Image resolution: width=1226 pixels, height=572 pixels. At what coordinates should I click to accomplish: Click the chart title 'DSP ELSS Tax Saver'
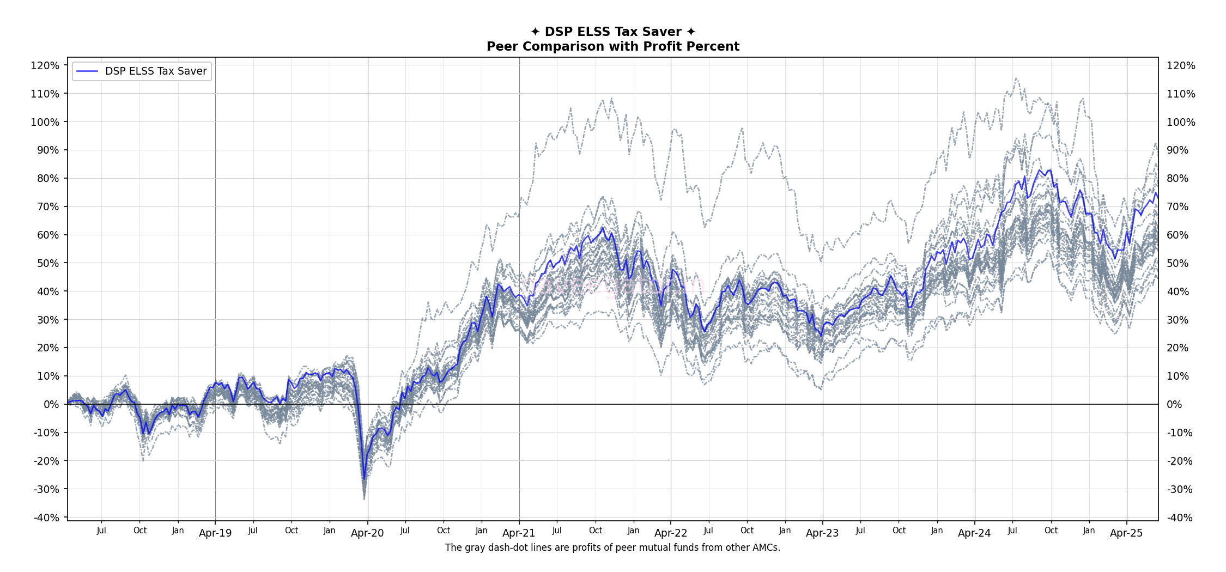point(613,32)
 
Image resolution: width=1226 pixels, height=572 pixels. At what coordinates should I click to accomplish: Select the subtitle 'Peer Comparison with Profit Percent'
point(613,46)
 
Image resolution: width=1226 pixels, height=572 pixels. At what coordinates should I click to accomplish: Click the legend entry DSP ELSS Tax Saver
point(156,71)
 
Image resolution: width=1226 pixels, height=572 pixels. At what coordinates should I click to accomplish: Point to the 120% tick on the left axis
point(45,65)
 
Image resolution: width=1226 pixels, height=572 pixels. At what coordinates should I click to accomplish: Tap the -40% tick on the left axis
point(46,518)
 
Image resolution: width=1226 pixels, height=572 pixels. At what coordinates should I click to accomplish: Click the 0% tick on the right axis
point(1174,404)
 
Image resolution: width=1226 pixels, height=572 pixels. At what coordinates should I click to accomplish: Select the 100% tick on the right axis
point(1181,122)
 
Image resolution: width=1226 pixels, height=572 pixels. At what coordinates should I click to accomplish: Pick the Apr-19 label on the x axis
point(215,533)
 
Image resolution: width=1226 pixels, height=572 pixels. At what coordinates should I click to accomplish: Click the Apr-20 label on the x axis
point(367,533)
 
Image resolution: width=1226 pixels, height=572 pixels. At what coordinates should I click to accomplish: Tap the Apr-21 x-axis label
point(519,533)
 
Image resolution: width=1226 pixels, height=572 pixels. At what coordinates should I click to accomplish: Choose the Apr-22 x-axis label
point(671,533)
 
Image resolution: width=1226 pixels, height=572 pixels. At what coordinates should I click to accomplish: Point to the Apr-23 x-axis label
point(822,533)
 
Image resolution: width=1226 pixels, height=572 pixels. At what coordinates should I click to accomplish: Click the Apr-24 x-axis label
point(974,533)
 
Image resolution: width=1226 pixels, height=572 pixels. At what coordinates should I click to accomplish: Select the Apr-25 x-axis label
point(1126,533)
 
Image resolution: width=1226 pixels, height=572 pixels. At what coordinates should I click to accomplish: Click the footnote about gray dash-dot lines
point(612,547)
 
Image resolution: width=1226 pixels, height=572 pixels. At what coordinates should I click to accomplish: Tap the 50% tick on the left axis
point(48,263)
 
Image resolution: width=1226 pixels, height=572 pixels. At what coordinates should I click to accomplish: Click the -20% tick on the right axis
point(1180,461)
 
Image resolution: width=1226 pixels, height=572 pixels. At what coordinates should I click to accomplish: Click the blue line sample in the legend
point(87,71)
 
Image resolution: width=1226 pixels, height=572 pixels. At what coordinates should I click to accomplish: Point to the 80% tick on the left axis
point(48,178)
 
